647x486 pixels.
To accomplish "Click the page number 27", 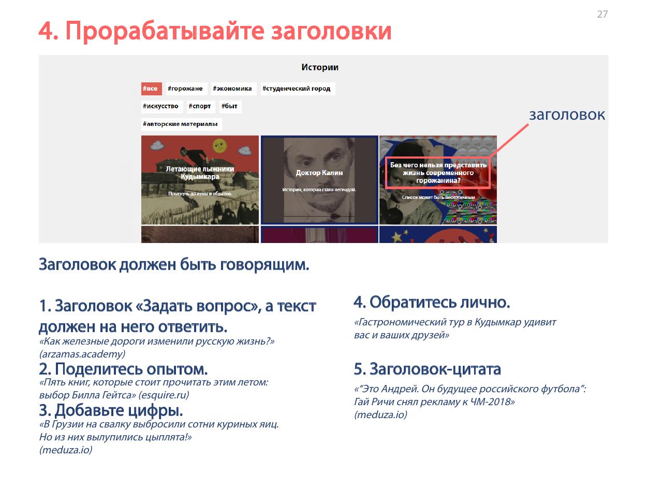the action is tap(602, 14).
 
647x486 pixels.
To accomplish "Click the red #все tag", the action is tap(151, 89).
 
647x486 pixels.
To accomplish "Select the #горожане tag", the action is tap(186, 89).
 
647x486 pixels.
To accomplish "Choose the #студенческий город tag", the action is tap(298, 89).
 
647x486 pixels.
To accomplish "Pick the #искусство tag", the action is tap(162, 106).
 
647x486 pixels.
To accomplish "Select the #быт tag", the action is tap(230, 106).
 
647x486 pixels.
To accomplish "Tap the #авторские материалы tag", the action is tap(182, 124).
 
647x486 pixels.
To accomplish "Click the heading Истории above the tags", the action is tap(320, 67).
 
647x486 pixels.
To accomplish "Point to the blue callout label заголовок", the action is tap(567, 115).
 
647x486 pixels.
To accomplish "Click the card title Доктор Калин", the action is tap(319, 173).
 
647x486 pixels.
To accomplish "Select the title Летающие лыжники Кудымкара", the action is tap(200, 173).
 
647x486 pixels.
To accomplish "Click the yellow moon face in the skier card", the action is tap(219, 145).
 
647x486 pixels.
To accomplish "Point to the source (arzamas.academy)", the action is tap(82, 354).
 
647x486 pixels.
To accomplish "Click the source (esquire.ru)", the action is tap(164, 395).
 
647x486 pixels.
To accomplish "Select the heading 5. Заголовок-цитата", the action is tap(428, 369).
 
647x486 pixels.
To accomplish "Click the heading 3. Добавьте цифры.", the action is tap(111, 410).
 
